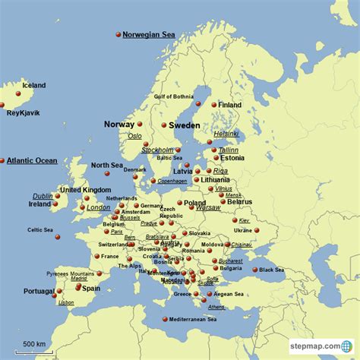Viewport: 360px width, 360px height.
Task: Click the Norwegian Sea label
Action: [x=149, y=35]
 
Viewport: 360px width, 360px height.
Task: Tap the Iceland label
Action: [x=34, y=86]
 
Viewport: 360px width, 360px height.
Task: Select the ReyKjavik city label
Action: [x=23, y=113]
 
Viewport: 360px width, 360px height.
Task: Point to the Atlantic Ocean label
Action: [x=32, y=161]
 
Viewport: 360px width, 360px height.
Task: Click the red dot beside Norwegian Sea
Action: [x=118, y=34]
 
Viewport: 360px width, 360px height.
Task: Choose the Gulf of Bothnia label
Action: [x=175, y=97]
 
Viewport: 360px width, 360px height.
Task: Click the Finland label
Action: [x=230, y=105]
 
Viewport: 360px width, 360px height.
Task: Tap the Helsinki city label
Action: [x=226, y=133]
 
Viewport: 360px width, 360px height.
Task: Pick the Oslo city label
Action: [x=134, y=136]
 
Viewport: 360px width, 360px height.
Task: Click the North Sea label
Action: [x=106, y=165]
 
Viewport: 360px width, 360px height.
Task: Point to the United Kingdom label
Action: [x=86, y=190]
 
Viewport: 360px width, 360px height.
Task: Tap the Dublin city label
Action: [x=43, y=196]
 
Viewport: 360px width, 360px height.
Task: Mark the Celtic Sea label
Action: [x=40, y=229]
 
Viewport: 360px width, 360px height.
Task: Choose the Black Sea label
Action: [x=271, y=270]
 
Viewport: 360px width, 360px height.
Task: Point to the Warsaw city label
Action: [x=208, y=207]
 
